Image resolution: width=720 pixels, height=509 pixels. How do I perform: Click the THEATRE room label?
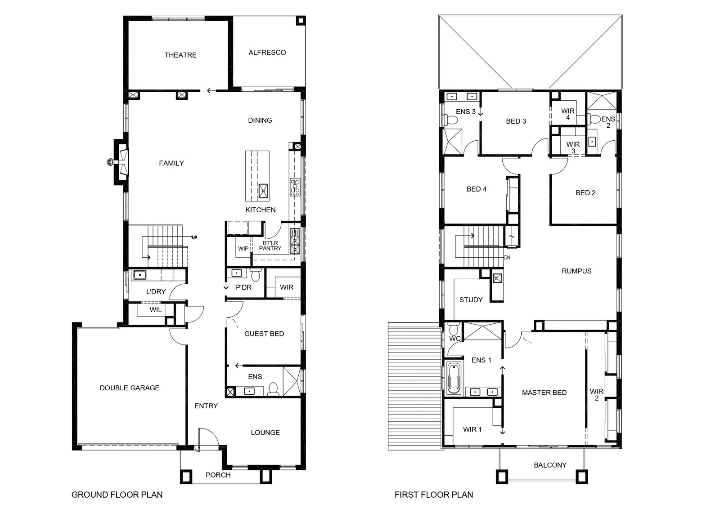click(180, 55)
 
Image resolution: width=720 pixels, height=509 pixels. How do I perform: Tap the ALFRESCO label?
click(267, 52)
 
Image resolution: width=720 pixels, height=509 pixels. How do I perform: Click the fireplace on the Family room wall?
click(121, 162)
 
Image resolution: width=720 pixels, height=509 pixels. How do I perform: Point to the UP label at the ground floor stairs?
click(194, 238)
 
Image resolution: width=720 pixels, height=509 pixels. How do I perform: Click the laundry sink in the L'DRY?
click(140, 275)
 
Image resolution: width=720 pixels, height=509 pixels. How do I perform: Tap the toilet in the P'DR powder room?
click(256, 275)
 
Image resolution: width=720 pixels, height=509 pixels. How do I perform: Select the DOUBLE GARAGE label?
click(130, 388)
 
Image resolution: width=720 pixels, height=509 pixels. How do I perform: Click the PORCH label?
click(218, 475)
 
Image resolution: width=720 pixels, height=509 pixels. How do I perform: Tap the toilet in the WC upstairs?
click(454, 329)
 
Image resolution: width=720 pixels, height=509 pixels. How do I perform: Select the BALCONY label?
click(550, 465)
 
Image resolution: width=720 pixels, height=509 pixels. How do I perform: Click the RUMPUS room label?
click(576, 271)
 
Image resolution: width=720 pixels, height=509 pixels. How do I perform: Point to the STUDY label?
click(471, 300)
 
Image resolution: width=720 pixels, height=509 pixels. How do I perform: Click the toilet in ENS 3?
click(450, 120)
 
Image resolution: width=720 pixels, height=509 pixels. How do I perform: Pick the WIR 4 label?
click(568, 114)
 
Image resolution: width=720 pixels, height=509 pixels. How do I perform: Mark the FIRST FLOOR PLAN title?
click(434, 495)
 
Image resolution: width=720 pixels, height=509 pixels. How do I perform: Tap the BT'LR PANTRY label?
click(270, 246)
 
